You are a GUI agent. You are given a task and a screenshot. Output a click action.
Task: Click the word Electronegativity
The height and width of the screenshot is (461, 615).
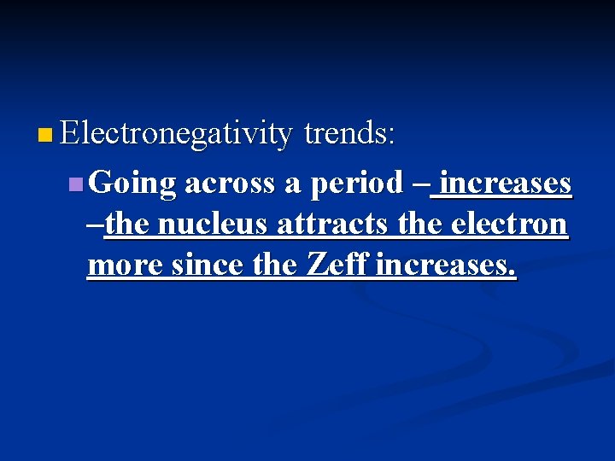[177, 134]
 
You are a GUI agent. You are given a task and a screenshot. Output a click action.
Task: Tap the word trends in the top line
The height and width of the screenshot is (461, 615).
[349, 133]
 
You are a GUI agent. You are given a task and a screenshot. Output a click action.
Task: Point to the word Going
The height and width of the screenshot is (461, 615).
[132, 184]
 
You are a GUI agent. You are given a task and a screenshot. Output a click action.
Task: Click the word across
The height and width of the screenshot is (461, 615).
[230, 183]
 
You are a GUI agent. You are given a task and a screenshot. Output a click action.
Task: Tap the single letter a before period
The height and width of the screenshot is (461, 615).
[293, 184]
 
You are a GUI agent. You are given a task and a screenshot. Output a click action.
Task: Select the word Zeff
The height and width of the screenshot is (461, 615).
[336, 265]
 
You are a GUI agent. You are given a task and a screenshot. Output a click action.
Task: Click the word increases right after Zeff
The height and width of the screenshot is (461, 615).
[445, 266]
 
